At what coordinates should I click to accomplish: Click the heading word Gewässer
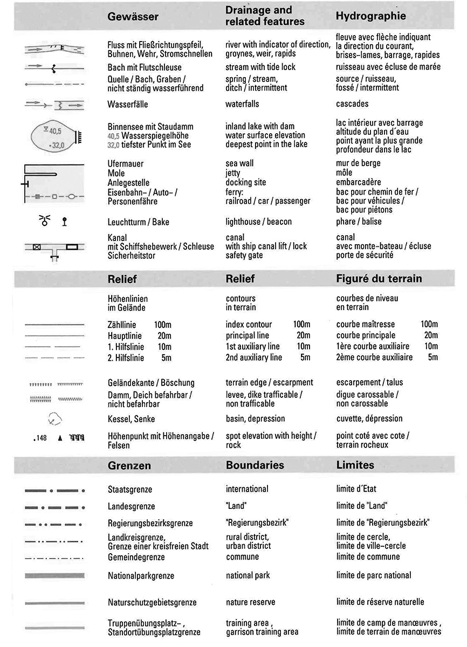[x=133, y=17]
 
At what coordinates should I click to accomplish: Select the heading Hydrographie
[x=370, y=16]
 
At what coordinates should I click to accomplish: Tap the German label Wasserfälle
[x=128, y=104]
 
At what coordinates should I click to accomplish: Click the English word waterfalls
[x=243, y=104]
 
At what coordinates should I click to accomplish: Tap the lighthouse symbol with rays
[x=45, y=220]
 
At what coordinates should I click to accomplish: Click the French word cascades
[x=352, y=104]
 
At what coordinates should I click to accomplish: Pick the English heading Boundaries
[x=255, y=465]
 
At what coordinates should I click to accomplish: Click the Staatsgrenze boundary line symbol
[x=54, y=491]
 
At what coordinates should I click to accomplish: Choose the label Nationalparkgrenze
[x=141, y=576]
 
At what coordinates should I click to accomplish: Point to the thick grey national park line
[x=54, y=576]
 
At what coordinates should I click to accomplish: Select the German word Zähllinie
[x=122, y=325]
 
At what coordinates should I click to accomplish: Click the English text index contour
[x=249, y=325]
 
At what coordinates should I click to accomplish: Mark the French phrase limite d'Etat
[x=356, y=489]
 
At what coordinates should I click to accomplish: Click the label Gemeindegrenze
[x=136, y=557]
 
